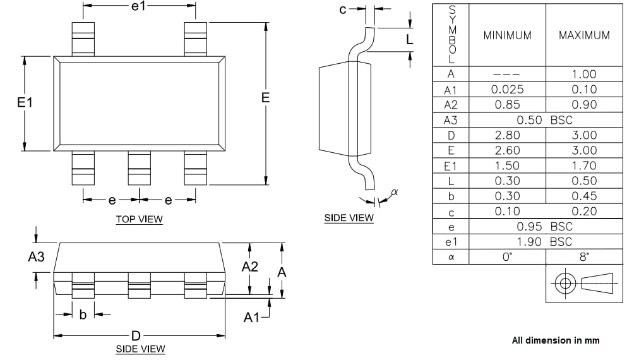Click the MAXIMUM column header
[584, 35]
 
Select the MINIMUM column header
[507, 35]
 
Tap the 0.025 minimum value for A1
[507, 90]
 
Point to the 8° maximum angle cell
[584, 257]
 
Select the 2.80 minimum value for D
[507, 135]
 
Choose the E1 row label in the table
[451, 165]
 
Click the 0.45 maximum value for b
[584, 196]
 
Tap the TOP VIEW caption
[139, 220]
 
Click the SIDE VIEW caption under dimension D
[140, 349]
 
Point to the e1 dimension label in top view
[138, 6]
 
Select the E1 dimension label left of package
[25, 102]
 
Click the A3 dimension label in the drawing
[37, 257]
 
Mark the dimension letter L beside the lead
[409, 40]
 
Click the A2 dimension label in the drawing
[250, 267]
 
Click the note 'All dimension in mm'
[555, 340]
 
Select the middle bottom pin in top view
[139, 167]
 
